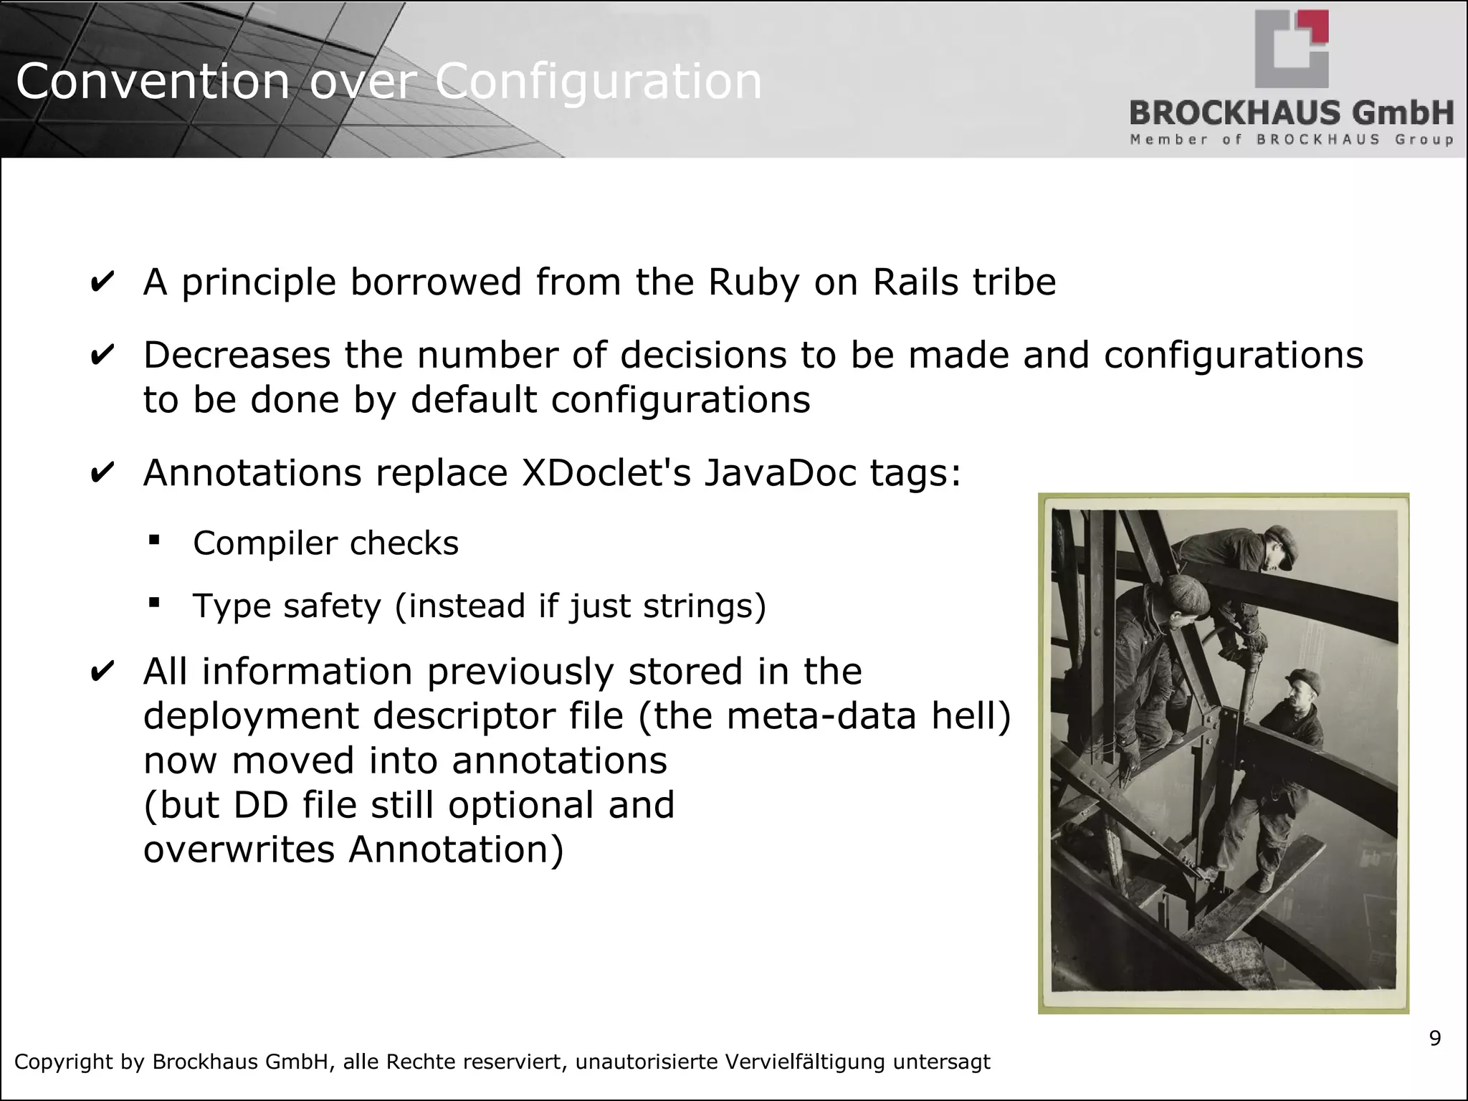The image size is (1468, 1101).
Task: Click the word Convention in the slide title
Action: click(152, 82)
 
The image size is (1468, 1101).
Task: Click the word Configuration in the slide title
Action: click(599, 82)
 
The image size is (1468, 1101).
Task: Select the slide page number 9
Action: click(1434, 1038)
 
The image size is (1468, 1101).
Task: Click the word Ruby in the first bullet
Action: click(753, 282)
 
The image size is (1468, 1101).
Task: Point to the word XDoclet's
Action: click(606, 473)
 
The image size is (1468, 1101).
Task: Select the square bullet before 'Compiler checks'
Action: click(154, 539)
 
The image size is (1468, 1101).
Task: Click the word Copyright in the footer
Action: click(64, 1062)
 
